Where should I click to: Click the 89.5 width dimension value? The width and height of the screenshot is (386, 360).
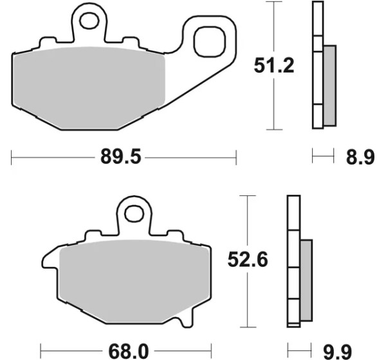click(121, 157)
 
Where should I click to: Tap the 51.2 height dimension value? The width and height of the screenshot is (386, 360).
click(274, 66)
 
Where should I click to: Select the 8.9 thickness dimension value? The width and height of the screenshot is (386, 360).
click(360, 157)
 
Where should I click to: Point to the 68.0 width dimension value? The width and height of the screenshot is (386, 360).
click(129, 352)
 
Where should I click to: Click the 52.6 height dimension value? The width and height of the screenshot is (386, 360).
click(248, 259)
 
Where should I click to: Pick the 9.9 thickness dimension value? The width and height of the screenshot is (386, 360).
click(337, 352)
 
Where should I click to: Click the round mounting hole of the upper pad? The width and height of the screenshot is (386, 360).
click(89, 21)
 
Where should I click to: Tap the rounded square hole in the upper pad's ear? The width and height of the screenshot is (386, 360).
click(210, 42)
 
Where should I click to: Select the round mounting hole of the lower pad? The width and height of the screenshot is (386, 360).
click(134, 213)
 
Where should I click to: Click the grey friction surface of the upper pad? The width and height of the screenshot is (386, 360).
click(89, 88)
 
